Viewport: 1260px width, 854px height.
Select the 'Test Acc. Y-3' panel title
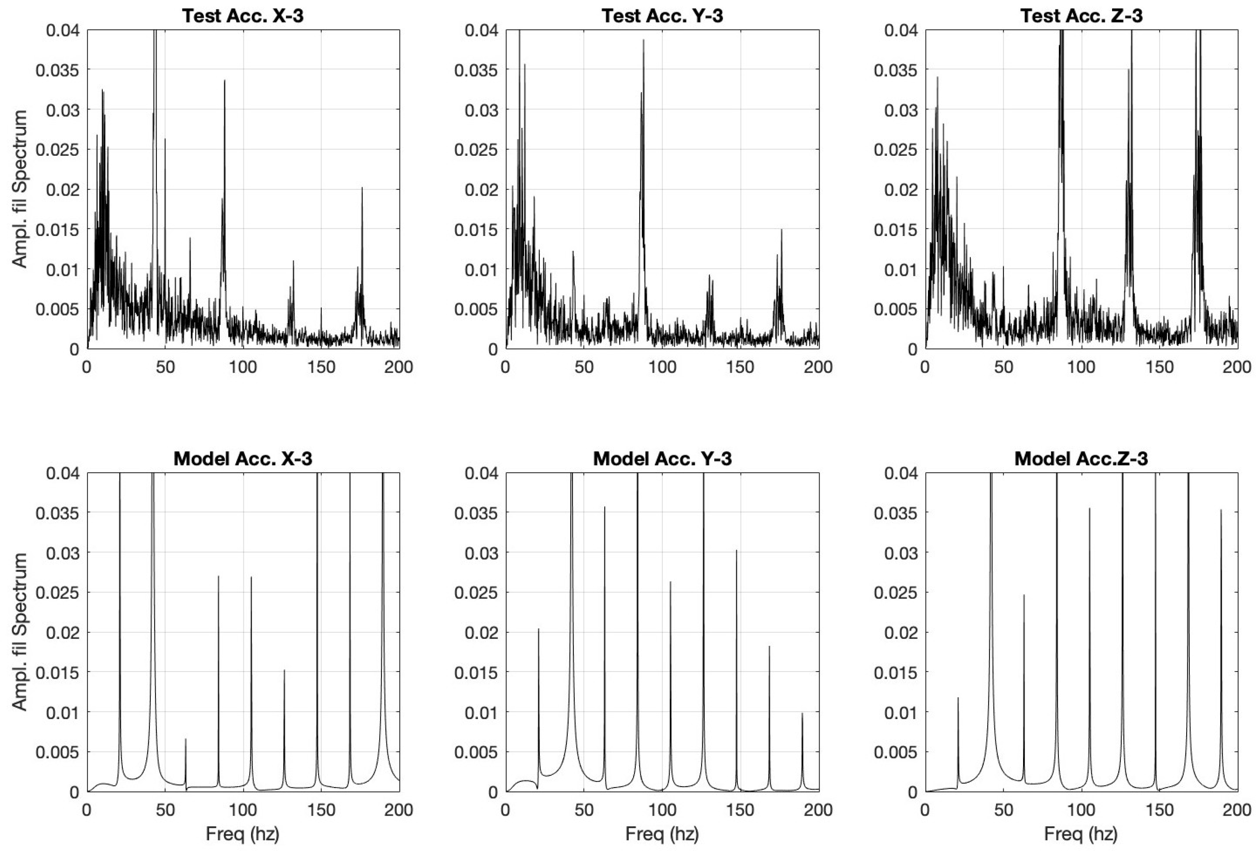coord(662,16)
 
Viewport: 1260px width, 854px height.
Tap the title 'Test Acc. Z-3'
coord(1081,16)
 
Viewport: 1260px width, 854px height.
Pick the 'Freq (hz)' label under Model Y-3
coord(662,833)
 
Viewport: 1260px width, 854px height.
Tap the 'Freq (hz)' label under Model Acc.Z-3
coord(1081,833)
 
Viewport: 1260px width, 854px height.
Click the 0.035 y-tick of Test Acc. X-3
coord(57,70)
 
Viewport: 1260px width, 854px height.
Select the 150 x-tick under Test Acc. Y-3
coord(740,367)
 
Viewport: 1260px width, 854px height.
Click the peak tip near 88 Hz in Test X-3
coord(224,80)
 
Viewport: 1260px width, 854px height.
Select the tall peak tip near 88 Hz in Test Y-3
coord(644,40)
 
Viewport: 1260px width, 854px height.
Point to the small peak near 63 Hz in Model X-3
coord(186,738)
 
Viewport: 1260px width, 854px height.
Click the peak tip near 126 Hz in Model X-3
coord(284,670)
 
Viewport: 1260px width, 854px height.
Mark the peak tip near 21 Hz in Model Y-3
coord(539,629)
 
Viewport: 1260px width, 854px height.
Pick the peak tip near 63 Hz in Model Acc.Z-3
coord(1024,595)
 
